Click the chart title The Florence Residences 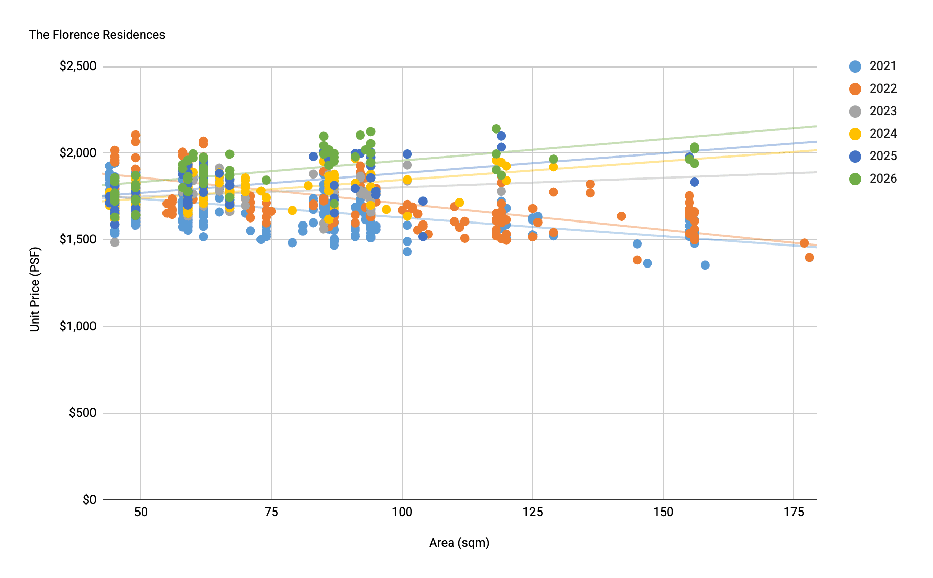[x=97, y=35]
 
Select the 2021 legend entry [x=873, y=66]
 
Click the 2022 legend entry [x=873, y=88]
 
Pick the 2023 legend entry [x=873, y=111]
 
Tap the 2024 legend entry [x=873, y=134]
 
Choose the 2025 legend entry [x=873, y=156]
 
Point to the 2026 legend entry [x=873, y=179]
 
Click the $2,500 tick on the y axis [x=78, y=66]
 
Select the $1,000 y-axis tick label [x=78, y=326]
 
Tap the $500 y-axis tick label [x=83, y=413]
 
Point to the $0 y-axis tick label [x=89, y=500]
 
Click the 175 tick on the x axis [x=794, y=512]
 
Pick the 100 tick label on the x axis [x=402, y=512]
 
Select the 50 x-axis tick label [x=141, y=512]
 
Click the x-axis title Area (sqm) [x=459, y=543]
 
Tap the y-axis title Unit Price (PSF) [x=35, y=290]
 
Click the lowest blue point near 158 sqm [x=705, y=265]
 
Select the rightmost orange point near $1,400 [x=809, y=257]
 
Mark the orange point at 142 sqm [x=621, y=216]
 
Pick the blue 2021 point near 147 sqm [x=647, y=263]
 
